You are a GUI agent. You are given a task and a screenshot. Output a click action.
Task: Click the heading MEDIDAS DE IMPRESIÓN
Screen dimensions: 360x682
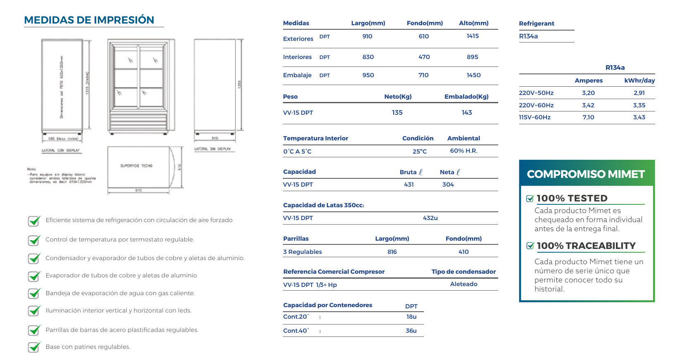pos(89,20)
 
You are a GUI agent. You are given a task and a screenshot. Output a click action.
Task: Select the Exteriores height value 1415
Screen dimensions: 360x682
pos(473,36)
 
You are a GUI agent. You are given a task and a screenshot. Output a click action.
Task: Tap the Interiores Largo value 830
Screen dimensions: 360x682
pos(368,57)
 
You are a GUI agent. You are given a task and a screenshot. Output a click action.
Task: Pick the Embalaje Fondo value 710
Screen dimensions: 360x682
pos(423,75)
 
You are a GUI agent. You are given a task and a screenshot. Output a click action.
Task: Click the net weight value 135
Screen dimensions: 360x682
pos(397,112)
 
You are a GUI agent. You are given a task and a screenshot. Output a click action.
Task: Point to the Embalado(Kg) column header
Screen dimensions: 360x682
pos(466,97)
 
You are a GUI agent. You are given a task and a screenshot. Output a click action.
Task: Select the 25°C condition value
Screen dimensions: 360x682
pos(419,152)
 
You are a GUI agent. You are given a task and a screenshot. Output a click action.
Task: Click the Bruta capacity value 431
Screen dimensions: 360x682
pos(409,185)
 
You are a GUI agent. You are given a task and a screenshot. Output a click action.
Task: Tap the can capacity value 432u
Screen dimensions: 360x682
pos(430,218)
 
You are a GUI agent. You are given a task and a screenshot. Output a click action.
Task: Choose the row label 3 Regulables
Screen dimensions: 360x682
pos(302,252)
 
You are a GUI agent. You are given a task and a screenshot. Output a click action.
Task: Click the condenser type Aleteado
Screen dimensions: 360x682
pos(463,284)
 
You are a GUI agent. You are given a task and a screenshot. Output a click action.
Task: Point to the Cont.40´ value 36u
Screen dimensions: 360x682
pos(411,331)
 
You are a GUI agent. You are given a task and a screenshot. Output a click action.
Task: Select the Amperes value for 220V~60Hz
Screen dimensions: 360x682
pos(588,105)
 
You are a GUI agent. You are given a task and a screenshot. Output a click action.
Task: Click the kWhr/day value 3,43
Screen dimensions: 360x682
pos(639,117)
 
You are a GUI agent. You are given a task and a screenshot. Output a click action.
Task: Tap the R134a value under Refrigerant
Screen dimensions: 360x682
pos(528,36)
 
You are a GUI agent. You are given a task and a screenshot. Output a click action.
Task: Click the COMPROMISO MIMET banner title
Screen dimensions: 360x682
pos(585,174)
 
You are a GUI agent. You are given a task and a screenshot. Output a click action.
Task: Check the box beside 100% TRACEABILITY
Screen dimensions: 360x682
pos(530,246)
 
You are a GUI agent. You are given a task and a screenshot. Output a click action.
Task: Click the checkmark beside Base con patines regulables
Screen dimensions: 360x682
pos(34,347)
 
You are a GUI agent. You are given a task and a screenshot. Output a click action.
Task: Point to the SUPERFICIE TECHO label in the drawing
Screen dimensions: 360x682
pos(136,166)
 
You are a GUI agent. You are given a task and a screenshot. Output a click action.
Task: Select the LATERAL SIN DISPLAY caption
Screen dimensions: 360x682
pos(213,149)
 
